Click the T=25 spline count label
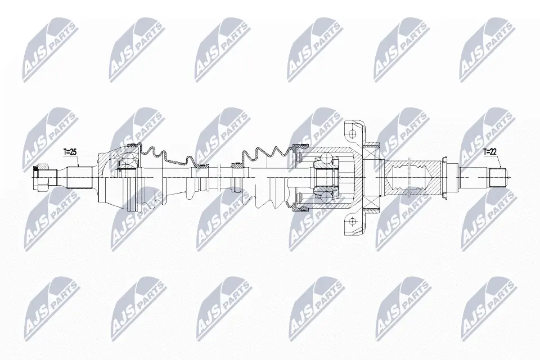tap(70, 152)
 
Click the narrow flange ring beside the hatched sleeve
tap(446, 177)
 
